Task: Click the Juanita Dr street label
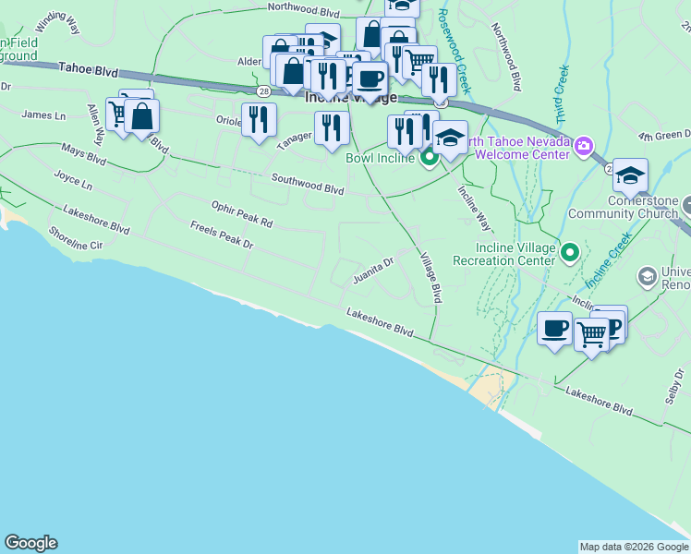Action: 373,268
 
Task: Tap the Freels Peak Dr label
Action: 222,235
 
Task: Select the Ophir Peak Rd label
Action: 242,216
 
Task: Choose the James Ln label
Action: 43,115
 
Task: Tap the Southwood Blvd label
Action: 307,183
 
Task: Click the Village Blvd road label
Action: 430,278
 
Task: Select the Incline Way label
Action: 475,208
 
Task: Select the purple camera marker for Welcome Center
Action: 583,146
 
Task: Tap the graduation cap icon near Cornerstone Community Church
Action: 630,175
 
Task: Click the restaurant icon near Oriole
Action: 260,119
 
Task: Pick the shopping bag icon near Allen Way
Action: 142,117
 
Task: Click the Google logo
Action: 30,543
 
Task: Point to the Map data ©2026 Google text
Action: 633,547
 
